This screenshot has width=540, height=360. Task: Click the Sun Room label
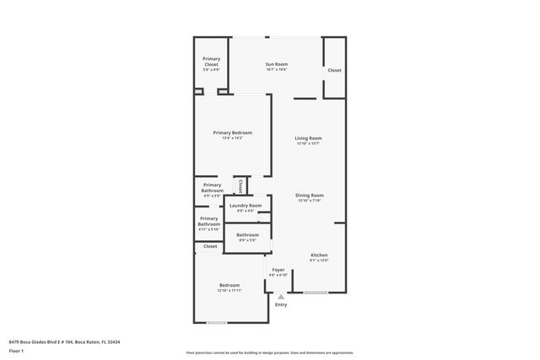point(276,64)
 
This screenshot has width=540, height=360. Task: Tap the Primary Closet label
point(211,61)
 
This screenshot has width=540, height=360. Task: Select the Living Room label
point(308,137)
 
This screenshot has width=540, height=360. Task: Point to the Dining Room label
point(310,195)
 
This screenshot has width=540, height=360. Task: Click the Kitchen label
point(318,255)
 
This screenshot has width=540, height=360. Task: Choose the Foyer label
point(278,269)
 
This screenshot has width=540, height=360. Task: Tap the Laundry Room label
point(246,205)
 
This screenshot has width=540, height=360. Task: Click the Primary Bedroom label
point(232,132)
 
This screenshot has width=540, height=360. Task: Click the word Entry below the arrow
point(281,304)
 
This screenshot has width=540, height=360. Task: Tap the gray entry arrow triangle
point(281,296)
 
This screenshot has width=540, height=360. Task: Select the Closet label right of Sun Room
point(334,70)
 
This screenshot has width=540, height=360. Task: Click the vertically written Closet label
point(240,185)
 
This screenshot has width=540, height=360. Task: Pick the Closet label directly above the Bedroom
point(210,246)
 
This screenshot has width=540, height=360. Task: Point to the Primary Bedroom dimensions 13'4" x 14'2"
point(232,138)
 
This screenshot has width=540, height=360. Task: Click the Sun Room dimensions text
point(276,69)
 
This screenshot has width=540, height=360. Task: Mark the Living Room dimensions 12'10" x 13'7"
point(308,143)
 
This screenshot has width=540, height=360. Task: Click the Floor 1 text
point(17,349)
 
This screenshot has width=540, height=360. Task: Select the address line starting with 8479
point(64,341)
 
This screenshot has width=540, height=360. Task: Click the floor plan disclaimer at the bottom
point(269,352)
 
